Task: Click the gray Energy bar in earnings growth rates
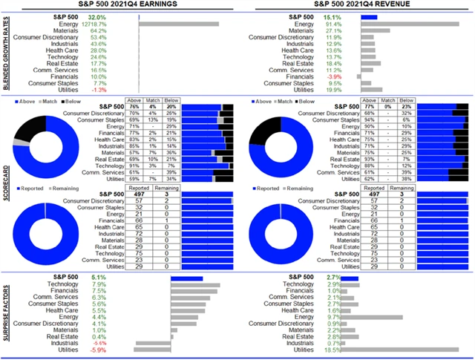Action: tap(179, 24)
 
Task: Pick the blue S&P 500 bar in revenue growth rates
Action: tap(368, 17)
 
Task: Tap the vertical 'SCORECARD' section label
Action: tap(7, 186)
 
